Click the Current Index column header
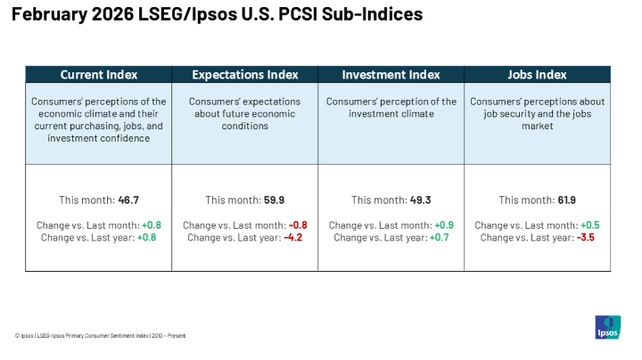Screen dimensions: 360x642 click(x=98, y=75)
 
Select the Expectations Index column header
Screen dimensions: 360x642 click(x=244, y=75)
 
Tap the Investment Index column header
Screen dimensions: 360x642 click(x=391, y=75)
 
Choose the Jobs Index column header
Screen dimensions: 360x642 click(x=537, y=75)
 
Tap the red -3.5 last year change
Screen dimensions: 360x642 click(x=588, y=238)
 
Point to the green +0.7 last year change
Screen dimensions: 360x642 click(x=442, y=238)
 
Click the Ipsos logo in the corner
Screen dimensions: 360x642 click(x=608, y=326)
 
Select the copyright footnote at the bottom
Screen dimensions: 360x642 click(x=100, y=336)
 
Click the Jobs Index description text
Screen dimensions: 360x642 click(x=537, y=114)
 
